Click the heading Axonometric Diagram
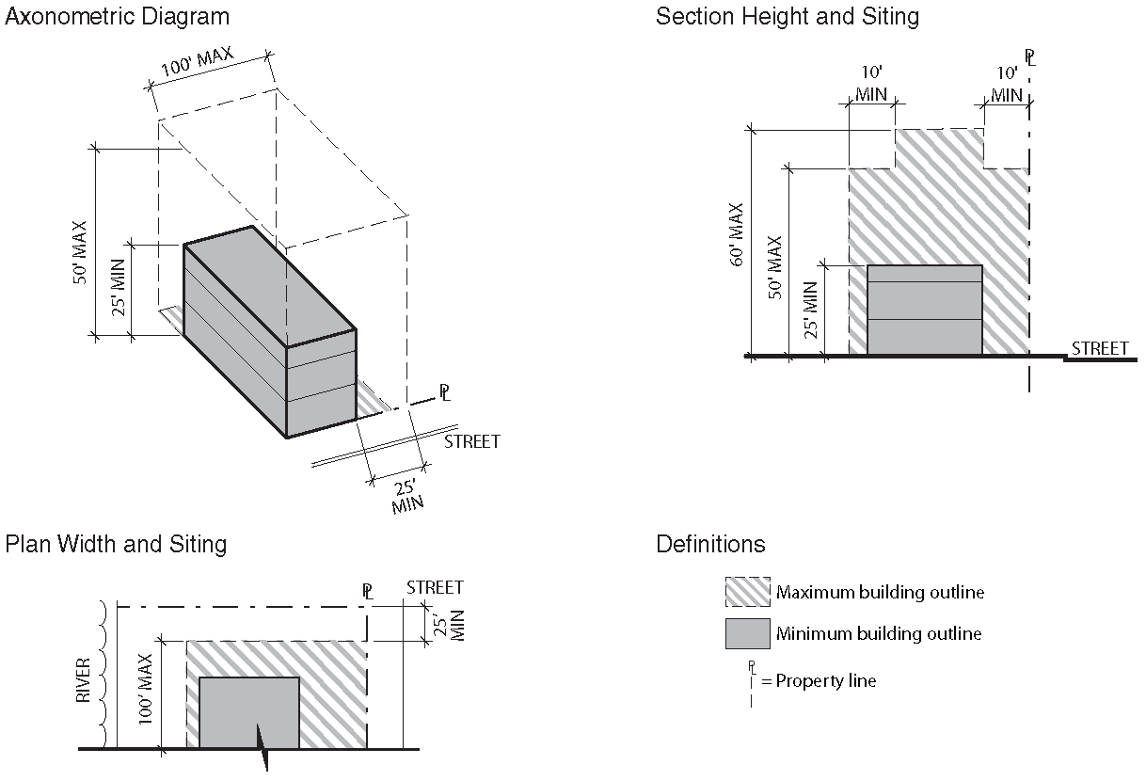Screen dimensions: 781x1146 pyautogui.click(x=118, y=17)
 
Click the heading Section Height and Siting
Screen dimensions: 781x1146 pyautogui.click(x=788, y=17)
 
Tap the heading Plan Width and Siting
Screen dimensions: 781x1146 pyautogui.click(x=116, y=544)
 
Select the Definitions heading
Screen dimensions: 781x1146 pyautogui.click(x=710, y=544)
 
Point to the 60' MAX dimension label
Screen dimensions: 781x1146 pyautogui.click(x=738, y=234)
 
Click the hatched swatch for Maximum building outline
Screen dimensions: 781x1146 pyautogui.click(x=747, y=593)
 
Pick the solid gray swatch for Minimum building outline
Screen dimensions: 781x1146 pyautogui.click(x=747, y=633)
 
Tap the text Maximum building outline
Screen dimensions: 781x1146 pyautogui.click(x=880, y=593)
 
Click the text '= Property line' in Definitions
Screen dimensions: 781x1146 pyautogui.click(x=819, y=680)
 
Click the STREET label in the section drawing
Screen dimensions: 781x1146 pyautogui.click(x=1100, y=348)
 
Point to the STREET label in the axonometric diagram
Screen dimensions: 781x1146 pyautogui.click(x=472, y=441)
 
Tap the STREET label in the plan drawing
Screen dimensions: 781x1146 pyautogui.click(x=435, y=588)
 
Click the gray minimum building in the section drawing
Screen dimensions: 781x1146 pyautogui.click(x=924, y=311)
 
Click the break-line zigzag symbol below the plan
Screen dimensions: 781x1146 pyautogui.click(x=265, y=748)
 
